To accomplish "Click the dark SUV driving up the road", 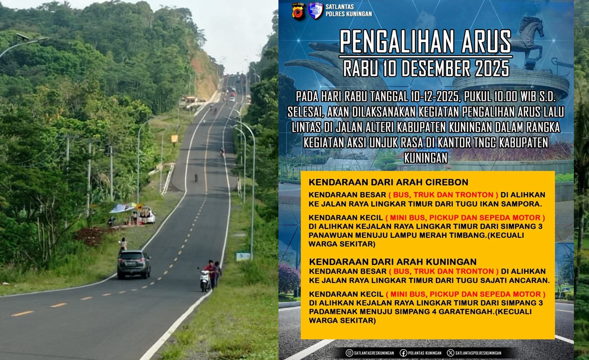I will pos(134,264).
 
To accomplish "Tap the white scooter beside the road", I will pos(205,280).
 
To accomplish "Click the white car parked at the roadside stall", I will pos(147,216).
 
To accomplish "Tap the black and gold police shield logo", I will pos(298,11).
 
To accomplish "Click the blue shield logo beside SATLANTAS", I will pos(315,10).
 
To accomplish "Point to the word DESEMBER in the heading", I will pos(427,68).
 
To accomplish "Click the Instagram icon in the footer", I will pos(349,353).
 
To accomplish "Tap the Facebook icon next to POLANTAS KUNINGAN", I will pos(403,353).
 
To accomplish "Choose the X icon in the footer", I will pos(451,353).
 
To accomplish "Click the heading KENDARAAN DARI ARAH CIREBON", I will pos(388,182).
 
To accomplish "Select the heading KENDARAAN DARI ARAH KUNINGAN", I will pos(393,262).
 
